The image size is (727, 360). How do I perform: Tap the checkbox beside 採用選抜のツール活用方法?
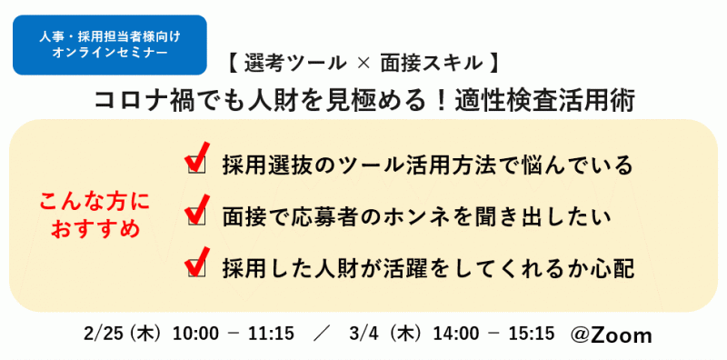click(x=194, y=165)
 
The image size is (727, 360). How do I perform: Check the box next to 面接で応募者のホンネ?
click(x=194, y=216)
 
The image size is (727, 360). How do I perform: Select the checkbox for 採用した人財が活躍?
click(x=194, y=268)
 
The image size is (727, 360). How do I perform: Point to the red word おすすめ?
click(x=95, y=228)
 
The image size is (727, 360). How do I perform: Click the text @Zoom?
click(x=611, y=335)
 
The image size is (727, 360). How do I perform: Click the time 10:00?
click(x=196, y=334)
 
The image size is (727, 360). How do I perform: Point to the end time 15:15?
click(x=532, y=334)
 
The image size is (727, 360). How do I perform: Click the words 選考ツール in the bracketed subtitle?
click(x=295, y=64)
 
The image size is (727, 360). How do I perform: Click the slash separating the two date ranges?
click(x=318, y=334)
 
